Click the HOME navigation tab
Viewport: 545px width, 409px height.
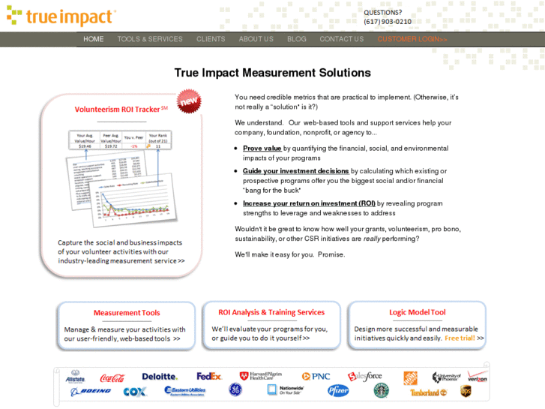click(94, 39)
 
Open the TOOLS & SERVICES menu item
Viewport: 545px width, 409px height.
click(150, 39)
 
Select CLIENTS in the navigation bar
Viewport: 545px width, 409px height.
click(211, 39)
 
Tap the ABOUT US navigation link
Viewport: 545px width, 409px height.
click(256, 39)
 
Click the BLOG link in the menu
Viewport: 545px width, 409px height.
click(296, 39)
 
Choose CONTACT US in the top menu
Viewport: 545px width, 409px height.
click(341, 39)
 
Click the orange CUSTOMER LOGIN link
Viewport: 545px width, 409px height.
click(412, 39)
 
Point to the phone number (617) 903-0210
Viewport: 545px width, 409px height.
click(387, 22)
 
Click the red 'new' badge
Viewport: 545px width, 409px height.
click(188, 101)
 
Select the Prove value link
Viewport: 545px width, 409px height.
click(262, 149)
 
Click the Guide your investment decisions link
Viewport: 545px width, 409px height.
click(295, 171)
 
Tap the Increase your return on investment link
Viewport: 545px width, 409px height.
click(309, 203)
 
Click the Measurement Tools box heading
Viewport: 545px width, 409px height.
click(126, 313)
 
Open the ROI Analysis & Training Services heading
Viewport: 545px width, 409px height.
click(271, 312)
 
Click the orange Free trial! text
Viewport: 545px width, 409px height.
click(460, 338)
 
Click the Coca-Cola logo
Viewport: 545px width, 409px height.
click(112, 377)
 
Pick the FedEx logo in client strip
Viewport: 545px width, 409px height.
click(209, 376)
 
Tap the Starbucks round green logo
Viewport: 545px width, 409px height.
click(382, 390)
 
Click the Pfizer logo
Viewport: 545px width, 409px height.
click(338, 390)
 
